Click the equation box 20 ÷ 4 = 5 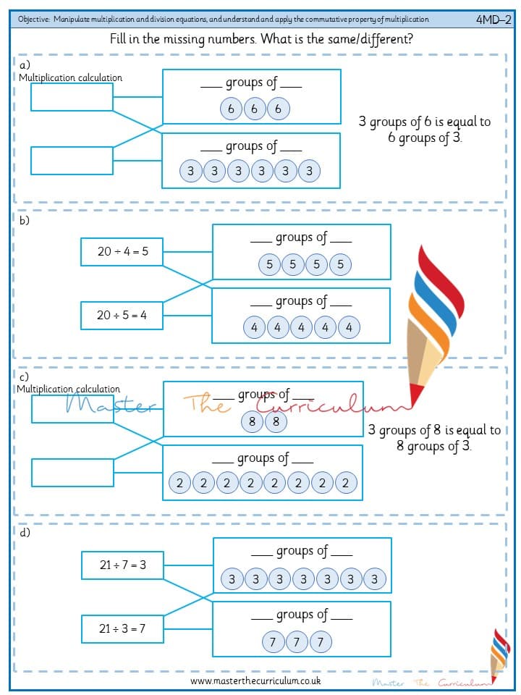point(122,252)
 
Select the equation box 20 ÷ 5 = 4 point(122,316)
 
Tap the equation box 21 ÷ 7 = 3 point(123,565)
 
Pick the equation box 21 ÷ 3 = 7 point(123,628)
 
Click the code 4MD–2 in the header point(494,20)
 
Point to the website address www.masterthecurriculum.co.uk point(255,681)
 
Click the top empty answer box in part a point(72,97)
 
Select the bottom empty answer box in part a point(72,161)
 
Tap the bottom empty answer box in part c point(72,473)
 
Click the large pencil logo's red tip point(416,394)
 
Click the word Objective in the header point(34,20)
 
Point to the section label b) point(25,220)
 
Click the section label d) point(25,532)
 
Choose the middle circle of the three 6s point(254,109)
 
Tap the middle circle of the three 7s point(297,642)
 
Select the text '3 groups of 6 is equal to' point(425,122)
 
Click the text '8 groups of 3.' point(433,446)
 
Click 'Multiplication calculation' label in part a point(70,78)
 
